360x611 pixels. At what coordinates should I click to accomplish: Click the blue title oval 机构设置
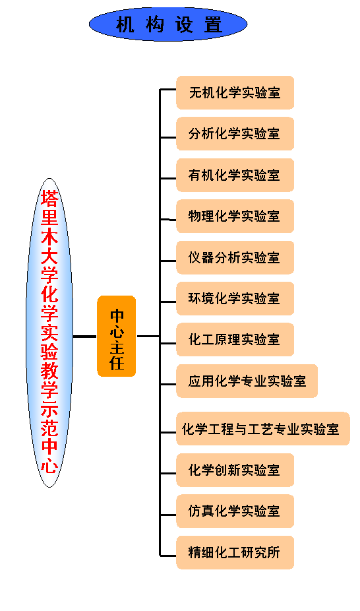click(168, 24)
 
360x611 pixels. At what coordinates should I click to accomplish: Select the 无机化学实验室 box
click(235, 93)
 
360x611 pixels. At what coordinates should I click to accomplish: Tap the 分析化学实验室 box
click(235, 134)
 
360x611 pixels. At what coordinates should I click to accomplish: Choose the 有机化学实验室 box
click(235, 175)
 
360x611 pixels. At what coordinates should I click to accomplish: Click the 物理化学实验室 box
click(235, 216)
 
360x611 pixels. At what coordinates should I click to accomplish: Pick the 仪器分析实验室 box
click(235, 257)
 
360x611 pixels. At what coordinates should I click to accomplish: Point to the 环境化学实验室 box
click(235, 298)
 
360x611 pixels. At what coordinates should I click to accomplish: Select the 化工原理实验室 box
click(235, 339)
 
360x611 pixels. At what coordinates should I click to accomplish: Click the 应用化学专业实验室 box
click(247, 381)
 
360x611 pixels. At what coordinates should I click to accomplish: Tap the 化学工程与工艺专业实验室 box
click(262, 429)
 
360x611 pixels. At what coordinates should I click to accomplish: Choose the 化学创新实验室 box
click(235, 470)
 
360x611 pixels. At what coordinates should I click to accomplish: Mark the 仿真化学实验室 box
click(235, 511)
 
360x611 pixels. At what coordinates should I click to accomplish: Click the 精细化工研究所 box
click(235, 552)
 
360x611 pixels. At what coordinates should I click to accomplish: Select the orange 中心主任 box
click(116, 336)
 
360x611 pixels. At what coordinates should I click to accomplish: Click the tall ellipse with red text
click(49, 333)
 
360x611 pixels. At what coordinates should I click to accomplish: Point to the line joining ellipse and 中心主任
click(85, 336)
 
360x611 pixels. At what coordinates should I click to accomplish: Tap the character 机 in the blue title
click(125, 24)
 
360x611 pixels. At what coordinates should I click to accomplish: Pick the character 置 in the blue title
click(213, 24)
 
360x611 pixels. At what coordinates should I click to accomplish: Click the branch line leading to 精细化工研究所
click(168, 556)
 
